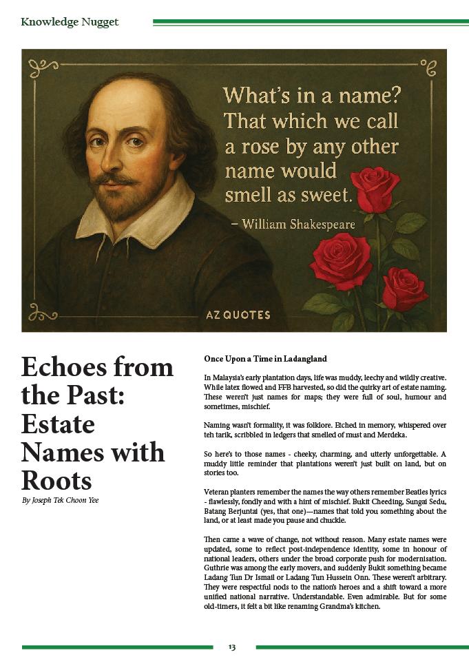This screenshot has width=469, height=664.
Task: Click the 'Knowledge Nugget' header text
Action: tap(70, 22)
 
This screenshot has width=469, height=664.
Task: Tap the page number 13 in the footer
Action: tap(232, 647)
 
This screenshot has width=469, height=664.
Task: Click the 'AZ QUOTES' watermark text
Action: tap(238, 315)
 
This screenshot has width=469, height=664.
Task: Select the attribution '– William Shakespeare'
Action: tap(298, 224)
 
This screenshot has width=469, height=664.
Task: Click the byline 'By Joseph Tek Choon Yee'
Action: tap(60, 500)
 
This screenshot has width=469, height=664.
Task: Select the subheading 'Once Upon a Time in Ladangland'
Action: tap(265, 359)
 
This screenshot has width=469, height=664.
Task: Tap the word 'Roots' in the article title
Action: tap(56, 480)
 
